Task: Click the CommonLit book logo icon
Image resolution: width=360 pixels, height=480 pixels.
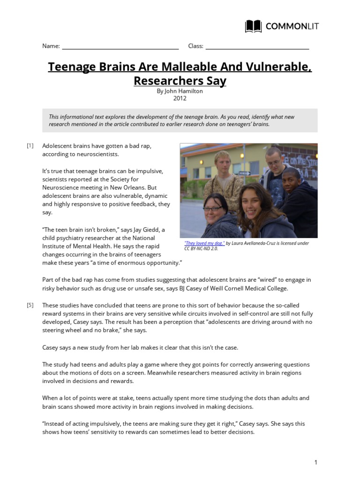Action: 254,26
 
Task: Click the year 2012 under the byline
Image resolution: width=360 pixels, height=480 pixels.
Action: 180,98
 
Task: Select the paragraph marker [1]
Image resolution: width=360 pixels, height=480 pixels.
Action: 30,146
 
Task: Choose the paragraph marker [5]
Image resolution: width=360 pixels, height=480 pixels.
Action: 30,305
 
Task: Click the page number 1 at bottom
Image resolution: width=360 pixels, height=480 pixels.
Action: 316,463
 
